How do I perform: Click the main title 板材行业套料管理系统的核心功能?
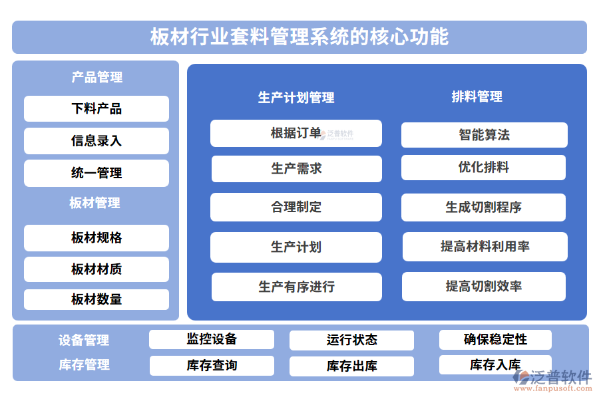pyautogui.click(x=299, y=37)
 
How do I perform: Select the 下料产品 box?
pyautogui.click(x=97, y=109)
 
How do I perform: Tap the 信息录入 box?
pyautogui.click(x=97, y=141)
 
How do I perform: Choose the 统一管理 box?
pyautogui.click(x=97, y=173)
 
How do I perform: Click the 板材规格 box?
pyautogui.click(x=97, y=238)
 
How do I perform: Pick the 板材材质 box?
pyautogui.click(x=97, y=269)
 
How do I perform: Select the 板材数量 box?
pyautogui.click(x=97, y=300)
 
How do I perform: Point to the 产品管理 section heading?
pyautogui.click(x=97, y=77)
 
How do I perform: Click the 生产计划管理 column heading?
pyautogui.click(x=296, y=98)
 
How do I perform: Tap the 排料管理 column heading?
pyautogui.click(x=477, y=96)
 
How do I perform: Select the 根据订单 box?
pyautogui.click(x=296, y=133)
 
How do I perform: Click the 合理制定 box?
pyautogui.click(x=296, y=207)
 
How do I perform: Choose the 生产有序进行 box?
pyautogui.click(x=296, y=287)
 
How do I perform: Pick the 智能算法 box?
pyautogui.click(x=484, y=135)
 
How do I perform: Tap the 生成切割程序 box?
pyautogui.click(x=483, y=207)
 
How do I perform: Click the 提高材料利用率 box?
pyautogui.click(x=485, y=247)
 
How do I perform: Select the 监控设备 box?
pyautogui.click(x=212, y=339)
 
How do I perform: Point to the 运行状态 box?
pyautogui.click(x=351, y=340)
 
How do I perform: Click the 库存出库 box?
pyautogui.click(x=351, y=366)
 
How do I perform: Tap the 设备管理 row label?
pyautogui.click(x=84, y=340)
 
